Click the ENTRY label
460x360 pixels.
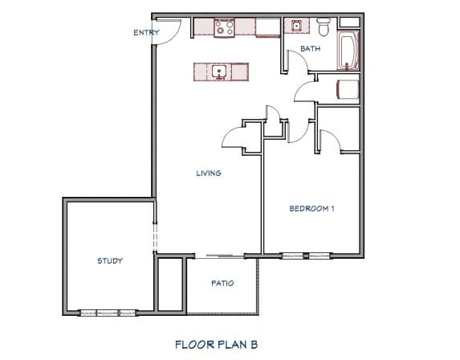click(145, 32)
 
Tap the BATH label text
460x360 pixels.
click(310, 50)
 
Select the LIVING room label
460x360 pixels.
click(209, 173)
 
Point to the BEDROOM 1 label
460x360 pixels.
click(311, 209)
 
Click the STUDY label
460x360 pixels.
click(109, 260)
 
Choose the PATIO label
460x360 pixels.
click(222, 283)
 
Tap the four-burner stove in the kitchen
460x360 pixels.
click(223, 28)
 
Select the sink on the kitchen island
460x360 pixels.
click(219, 72)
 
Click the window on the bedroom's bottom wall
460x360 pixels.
click(305, 256)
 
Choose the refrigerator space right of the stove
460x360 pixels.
click(267, 28)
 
